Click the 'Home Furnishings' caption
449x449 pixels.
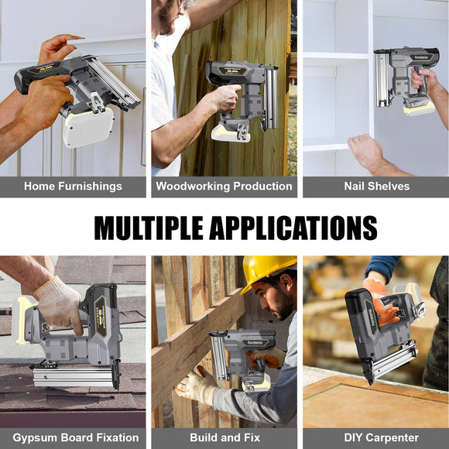73,187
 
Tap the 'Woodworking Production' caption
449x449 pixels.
224,187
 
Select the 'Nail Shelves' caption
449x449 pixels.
376,187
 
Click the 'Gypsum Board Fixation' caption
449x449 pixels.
75,437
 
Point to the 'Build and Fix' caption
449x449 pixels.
224,437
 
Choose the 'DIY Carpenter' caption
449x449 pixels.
375,437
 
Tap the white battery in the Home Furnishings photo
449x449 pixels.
87,127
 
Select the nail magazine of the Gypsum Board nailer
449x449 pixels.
74,376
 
